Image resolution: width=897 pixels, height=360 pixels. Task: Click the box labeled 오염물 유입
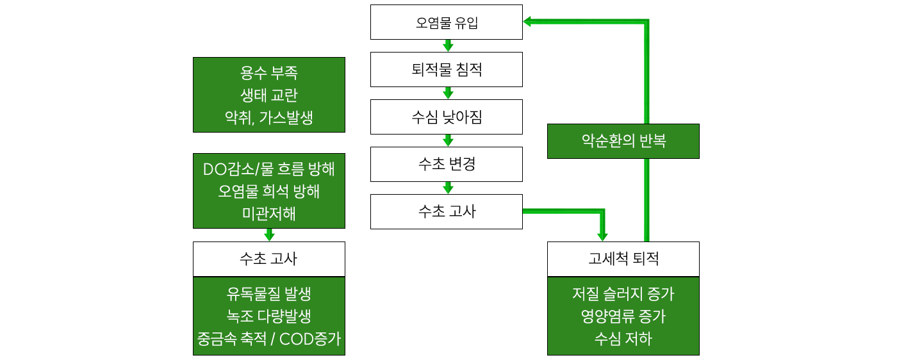pos(447,22)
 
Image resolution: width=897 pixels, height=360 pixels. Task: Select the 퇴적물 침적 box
pos(447,70)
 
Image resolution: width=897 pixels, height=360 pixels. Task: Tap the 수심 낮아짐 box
pos(447,117)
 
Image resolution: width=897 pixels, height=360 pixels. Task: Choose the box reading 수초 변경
pos(447,165)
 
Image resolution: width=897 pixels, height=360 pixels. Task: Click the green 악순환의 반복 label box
pos(623,141)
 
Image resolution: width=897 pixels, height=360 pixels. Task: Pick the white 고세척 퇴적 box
pos(623,259)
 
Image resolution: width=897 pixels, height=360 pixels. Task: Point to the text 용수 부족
pos(269,72)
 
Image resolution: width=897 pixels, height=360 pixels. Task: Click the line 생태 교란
pos(269,95)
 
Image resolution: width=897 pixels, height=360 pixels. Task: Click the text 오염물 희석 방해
pos(269,191)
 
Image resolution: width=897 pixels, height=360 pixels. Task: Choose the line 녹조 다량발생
pos(269,316)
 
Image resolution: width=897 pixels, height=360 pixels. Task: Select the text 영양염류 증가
pos(623,316)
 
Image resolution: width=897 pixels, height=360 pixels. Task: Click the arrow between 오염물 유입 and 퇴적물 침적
pos(448,46)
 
